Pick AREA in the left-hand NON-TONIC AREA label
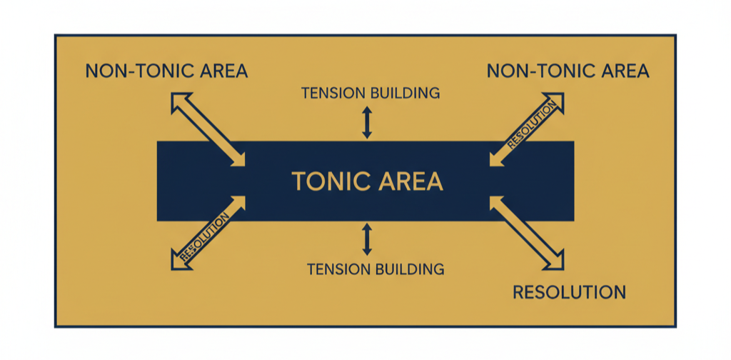(221, 71)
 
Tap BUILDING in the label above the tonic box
(405, 94)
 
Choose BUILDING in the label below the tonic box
(410, 269)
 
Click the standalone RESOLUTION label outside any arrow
(569, 292)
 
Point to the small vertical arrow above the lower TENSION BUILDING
(367, 239)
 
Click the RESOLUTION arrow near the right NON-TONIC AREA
(528, 129)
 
